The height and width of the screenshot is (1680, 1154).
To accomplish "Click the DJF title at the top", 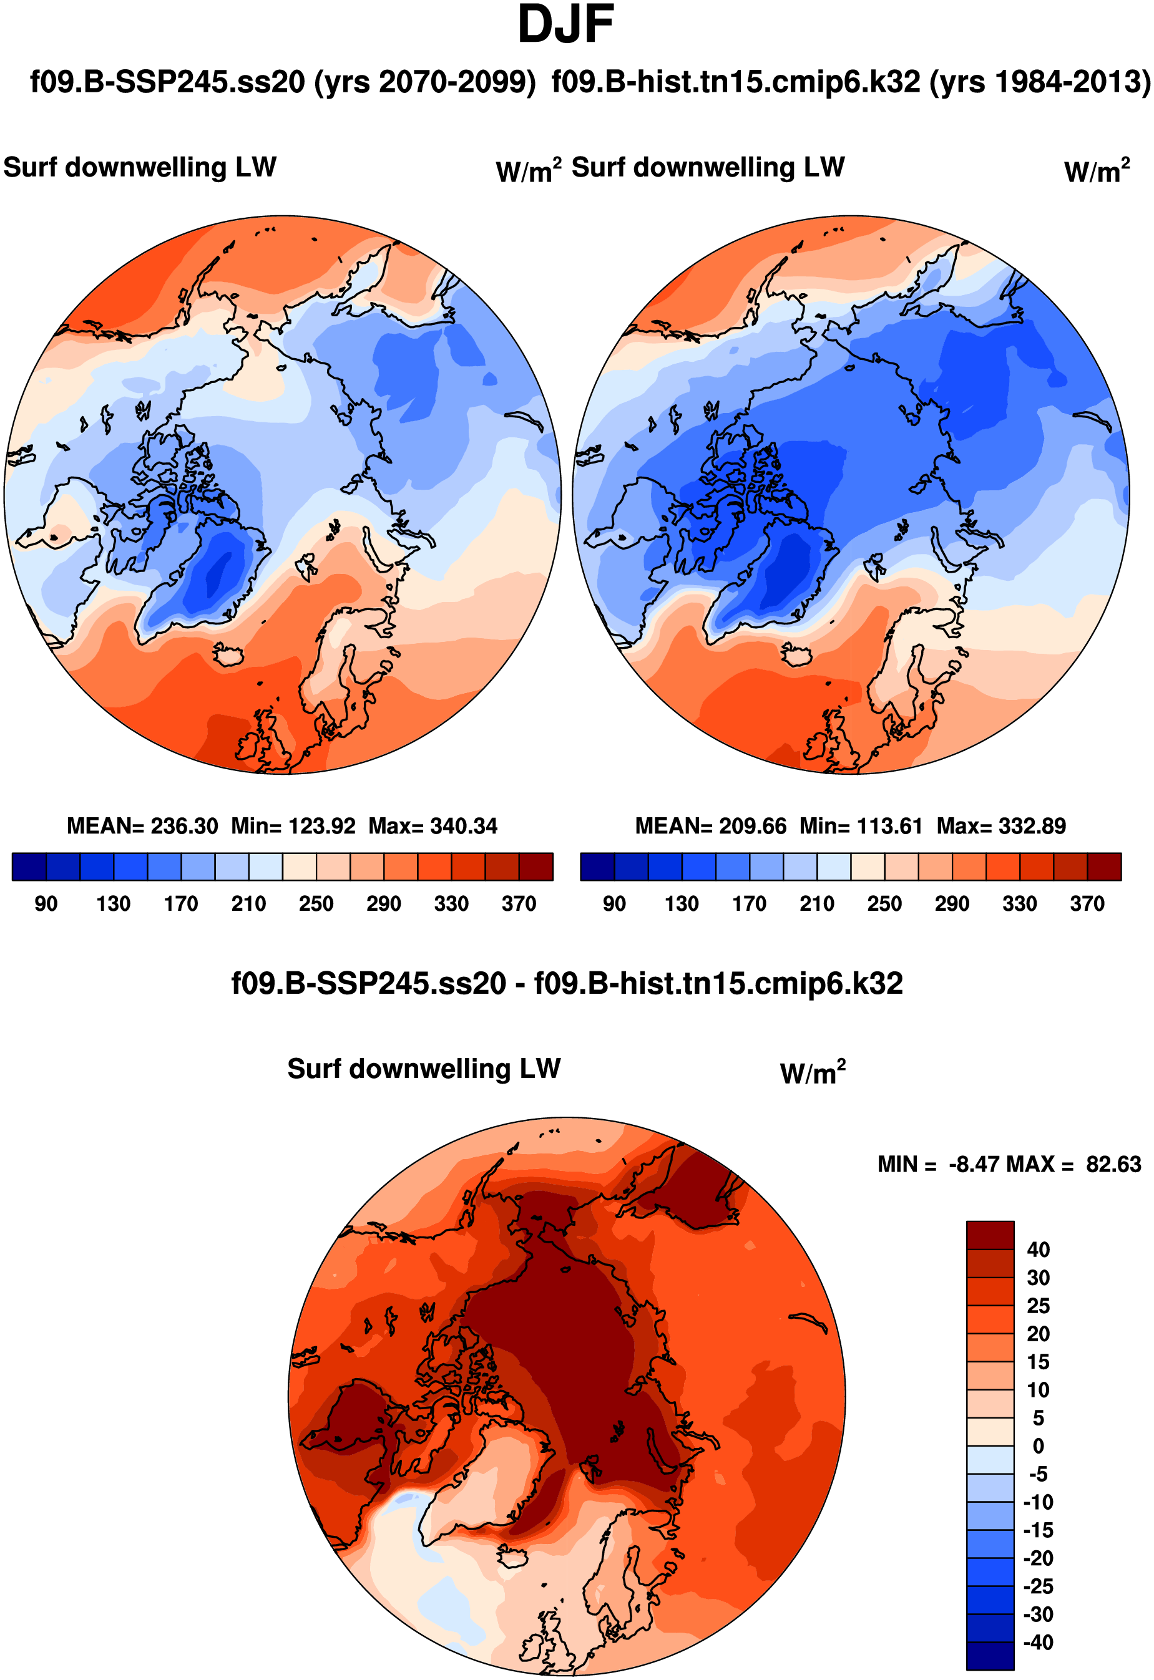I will pyautogui.click(x=565, y=26).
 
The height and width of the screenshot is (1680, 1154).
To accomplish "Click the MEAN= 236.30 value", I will pyautogui.click(x=142, y=825).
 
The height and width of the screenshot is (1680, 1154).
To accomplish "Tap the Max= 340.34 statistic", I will pyautogui.click(x=433, y=825).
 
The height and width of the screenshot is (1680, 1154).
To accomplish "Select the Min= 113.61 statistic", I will pyautogui.click(x=861, y=825).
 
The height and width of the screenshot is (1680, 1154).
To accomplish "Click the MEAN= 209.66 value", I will pyautogui.click(x=710, y=825).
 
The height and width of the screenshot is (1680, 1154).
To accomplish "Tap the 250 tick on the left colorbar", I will pyautogui.click(x=316, y=903).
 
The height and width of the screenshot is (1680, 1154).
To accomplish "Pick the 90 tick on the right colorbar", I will pyautogui.click(x=614, y=903).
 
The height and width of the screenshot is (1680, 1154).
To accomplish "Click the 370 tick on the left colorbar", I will pyautogui.click(x=519, y=903).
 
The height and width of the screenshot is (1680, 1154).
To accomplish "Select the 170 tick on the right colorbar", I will pyautogui.click(x=749, y=903).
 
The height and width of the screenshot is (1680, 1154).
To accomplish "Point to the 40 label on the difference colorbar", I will pyautogui.click(x=1039, y=1250).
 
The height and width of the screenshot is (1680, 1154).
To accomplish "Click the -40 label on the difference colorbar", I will pyautogui.click(x=1039, y=1643).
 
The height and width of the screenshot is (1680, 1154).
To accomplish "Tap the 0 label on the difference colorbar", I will pyautogui.click(x=1039, y=1447).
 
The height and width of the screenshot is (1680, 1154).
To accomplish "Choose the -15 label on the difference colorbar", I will pyautogui.click(x=1039, y=1530).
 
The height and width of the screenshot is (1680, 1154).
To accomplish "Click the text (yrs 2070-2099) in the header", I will pyautogui.click(x=424, y=82).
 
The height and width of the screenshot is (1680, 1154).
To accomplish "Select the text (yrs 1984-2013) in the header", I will pyautogui.click(x=1039, y=82).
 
